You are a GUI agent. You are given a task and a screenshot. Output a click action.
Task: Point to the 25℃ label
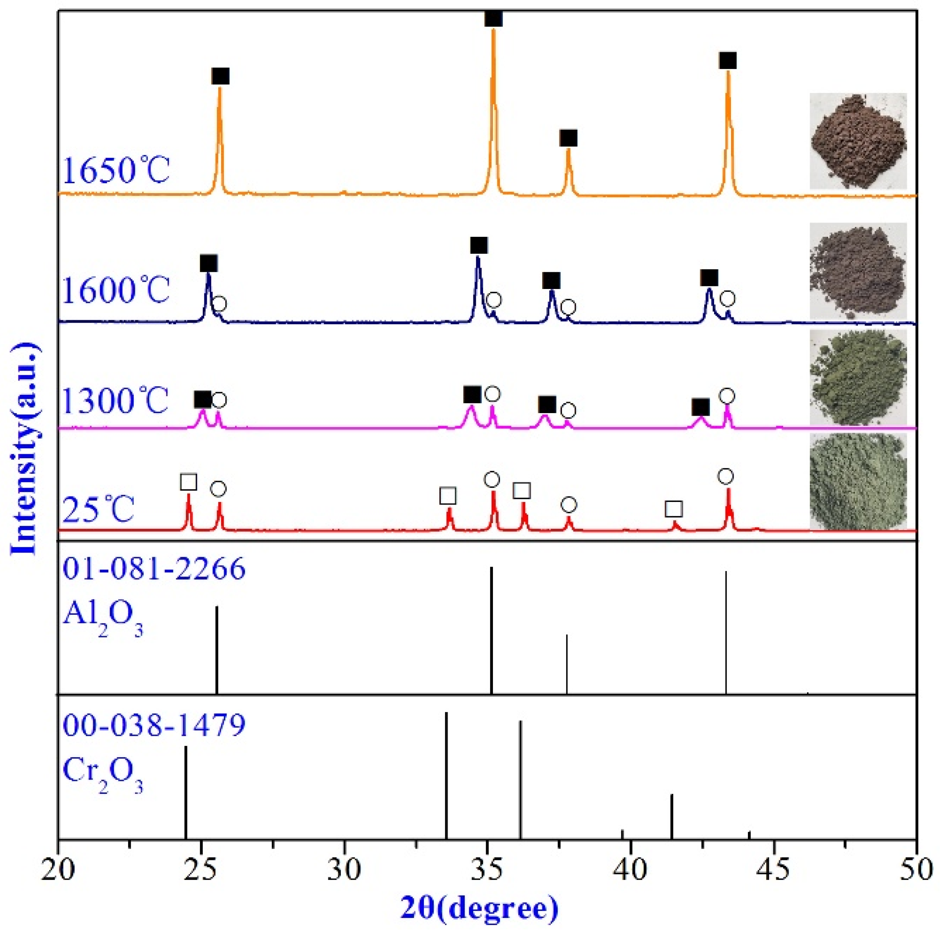click(x=98, y=510)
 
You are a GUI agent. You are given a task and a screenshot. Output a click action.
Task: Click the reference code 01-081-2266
click(x=154, y=569)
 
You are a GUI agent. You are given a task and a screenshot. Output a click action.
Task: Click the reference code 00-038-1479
click(x=154, y=725)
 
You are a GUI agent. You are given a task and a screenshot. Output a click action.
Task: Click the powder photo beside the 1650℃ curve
click(x=858, y=141)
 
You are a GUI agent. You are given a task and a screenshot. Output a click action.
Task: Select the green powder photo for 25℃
click(x=858, y=482)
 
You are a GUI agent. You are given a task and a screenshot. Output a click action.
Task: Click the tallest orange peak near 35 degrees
click(x=493, y=34)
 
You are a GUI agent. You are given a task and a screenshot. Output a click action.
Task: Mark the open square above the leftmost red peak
click(x=189, y=482)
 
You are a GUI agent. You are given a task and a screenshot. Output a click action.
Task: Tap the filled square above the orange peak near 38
click(x=568, y=138)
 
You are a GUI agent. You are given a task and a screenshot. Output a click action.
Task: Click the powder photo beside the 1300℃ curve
click(x=858, y=377)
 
